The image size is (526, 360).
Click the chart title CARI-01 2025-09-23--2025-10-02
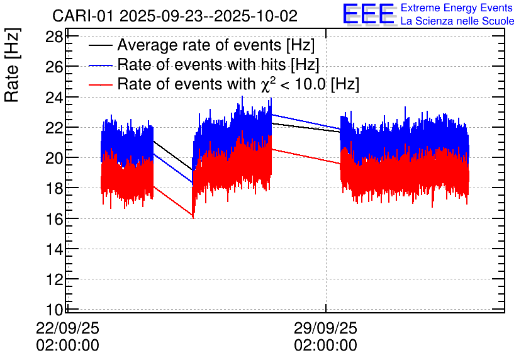[175, 15]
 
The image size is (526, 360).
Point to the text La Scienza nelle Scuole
[457, 21]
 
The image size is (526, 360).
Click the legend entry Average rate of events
[216, 45]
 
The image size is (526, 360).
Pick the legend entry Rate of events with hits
[218, 65]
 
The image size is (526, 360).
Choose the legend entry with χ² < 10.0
[238, 84]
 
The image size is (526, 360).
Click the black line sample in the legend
[101, 46]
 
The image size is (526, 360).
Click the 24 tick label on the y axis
[55, 97]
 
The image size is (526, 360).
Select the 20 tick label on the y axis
[55, 158]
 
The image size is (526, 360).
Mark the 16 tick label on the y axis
[55, 219]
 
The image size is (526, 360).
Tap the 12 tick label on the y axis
[55, 279]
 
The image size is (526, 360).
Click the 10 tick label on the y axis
[55, 310]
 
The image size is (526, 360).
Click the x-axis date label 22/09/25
[68, 329]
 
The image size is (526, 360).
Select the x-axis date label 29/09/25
[325, 329]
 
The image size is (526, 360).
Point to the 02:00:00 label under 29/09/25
[325, 346]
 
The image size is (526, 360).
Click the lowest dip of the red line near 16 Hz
[193, 217]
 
